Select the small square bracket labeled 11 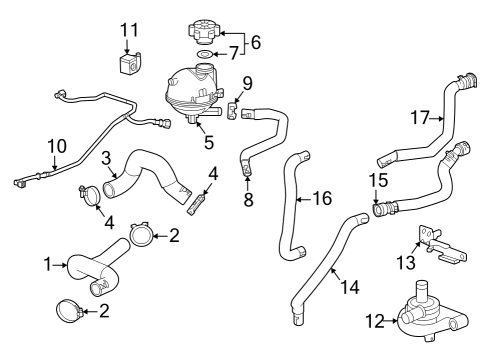coord(128,67)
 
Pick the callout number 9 coord(247,83)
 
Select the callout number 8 coord(248,200)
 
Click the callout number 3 coord(105,157)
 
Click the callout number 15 coord(376,180)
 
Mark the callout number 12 coord(373,321)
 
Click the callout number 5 coord(208,142)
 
